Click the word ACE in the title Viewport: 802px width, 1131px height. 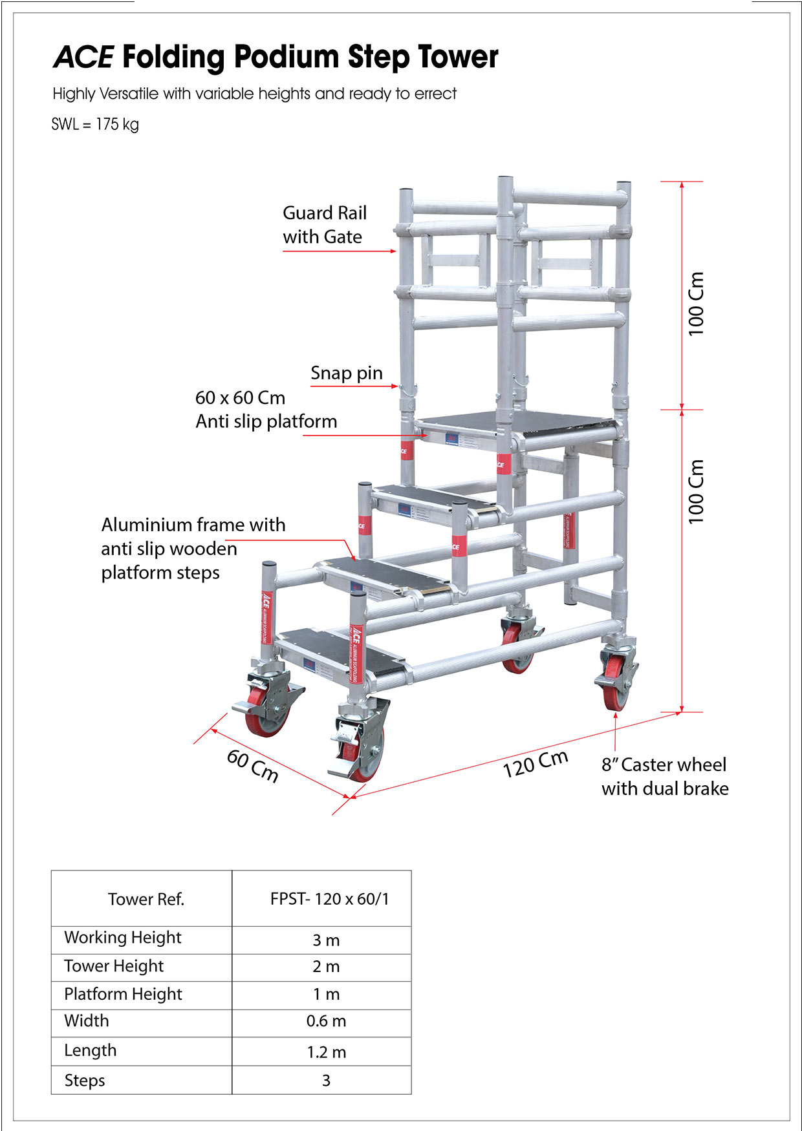tap(84, 58)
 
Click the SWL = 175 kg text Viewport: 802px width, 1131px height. tap(95, 124)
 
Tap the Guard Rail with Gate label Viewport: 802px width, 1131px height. tap(324, 224)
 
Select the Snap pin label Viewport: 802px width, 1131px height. tap(346, 373)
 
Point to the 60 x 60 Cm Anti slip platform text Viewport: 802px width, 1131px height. tap(266, 409)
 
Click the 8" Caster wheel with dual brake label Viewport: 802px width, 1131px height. tap(664, 776)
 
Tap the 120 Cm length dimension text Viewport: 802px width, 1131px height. tap(536, 764)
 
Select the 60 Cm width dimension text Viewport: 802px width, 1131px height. tap(253, 766)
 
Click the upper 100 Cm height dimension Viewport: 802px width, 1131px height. tap(695, 304)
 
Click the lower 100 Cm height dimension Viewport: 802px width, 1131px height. tap(695, 491)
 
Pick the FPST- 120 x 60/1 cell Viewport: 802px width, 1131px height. tap(329, 899)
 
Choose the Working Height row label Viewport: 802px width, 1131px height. tap(123, 938)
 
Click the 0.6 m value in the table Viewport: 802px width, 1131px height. tap(326, 1021)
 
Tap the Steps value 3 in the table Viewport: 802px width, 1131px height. tap(326, 1081)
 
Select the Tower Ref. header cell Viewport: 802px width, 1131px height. tap(146, 899)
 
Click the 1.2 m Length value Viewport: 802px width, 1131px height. tap(326, 1052)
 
